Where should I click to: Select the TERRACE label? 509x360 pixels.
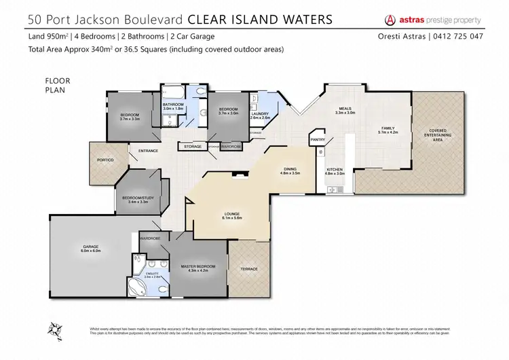tap(249, 270)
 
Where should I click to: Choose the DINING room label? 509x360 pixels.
tap(289, 170)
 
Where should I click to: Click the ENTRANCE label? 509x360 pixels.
tap(148, 151)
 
